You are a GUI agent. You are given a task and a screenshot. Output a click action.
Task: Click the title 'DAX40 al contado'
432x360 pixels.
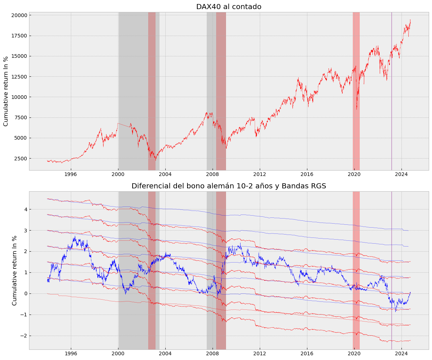229,7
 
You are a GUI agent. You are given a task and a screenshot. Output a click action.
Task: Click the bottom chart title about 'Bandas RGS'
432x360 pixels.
229,186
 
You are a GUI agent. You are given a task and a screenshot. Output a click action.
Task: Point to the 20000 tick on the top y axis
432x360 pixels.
19,15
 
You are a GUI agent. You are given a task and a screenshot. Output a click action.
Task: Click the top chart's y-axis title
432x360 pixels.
6,91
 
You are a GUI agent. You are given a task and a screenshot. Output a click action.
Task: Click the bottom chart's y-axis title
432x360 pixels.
15,270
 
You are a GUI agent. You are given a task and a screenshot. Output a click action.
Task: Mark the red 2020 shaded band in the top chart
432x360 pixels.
356,91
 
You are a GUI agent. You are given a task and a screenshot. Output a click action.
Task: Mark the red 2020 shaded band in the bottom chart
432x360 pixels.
356,270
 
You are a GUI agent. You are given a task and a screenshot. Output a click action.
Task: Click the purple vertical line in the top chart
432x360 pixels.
391,91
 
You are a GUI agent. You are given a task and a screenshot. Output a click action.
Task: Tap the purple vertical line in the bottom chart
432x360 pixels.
391,270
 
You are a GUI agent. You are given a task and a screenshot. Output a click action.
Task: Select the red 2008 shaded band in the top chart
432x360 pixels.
221,91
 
